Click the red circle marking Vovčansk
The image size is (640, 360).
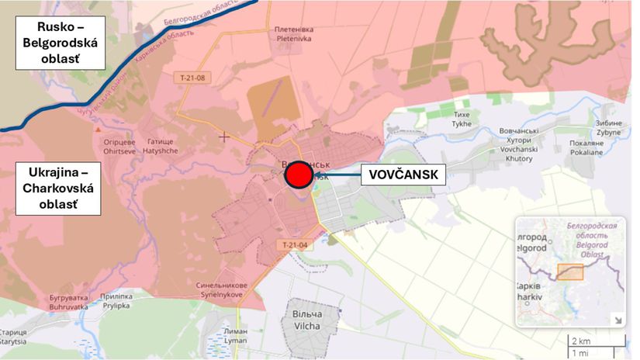pos(299,175)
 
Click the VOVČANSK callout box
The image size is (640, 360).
pos(403,176)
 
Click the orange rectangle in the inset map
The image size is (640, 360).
pos(569,271)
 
